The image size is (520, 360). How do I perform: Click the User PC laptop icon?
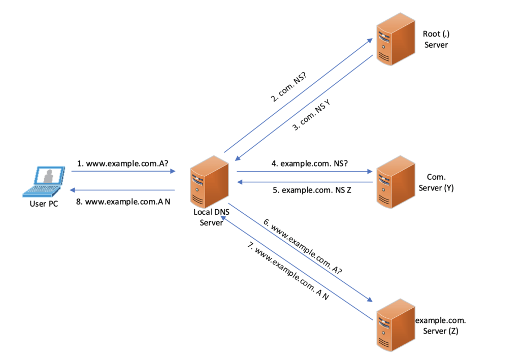[x=44, y=182]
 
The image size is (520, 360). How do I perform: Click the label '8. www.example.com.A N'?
[x=123, y=202]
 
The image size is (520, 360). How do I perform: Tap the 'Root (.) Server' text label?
[x=435, y=39]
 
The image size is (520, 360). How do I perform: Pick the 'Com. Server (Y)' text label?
[x=440, y=183]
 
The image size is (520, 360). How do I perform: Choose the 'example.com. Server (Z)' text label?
[x=441, y=326]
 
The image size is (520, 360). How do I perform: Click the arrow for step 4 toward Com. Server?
[x=305, y=172]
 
